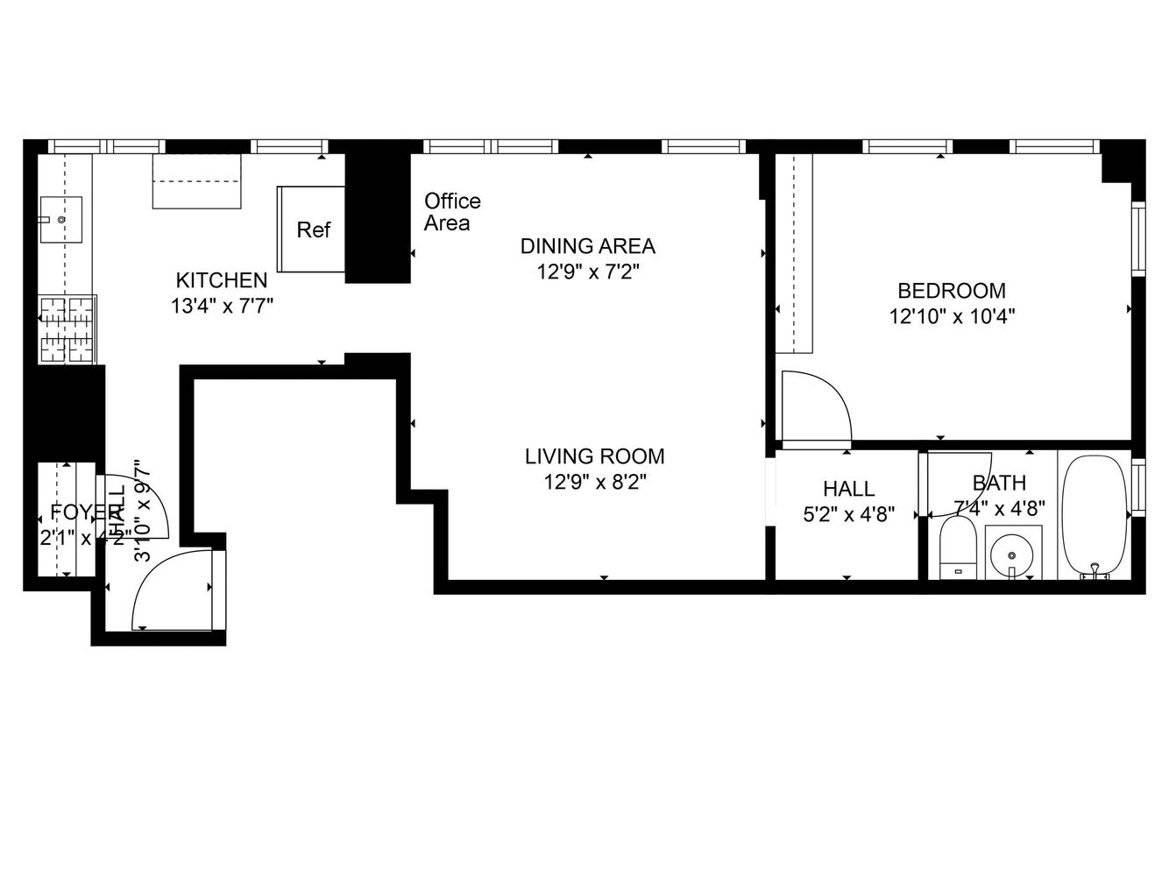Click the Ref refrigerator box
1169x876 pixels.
pyautogui.click(x=311, y=230)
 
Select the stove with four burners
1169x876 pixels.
pyautogui.click(x=67, y=329)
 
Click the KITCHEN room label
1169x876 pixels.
pyautogui.click(x=222, y=280)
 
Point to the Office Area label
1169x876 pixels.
pyautogui.click(x=452, y=212)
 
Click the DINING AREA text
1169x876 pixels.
pyautogui.click(x=587, y=246)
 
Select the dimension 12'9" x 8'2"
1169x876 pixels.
pyautogui.click(x=594, y=482)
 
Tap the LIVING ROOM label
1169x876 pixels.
pyautogui.click(x=594, y=456)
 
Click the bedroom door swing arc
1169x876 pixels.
pyautogui.click(x=816, y=405)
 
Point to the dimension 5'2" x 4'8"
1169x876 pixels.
pyautogui.click(x=848, y=514)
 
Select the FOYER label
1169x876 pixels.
pyautogui.click(x=85, y=512)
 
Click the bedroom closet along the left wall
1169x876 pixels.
pyautogui.click(x=796, y=254)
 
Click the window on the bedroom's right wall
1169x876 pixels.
pyautogui.click(x=1138, y=239)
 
